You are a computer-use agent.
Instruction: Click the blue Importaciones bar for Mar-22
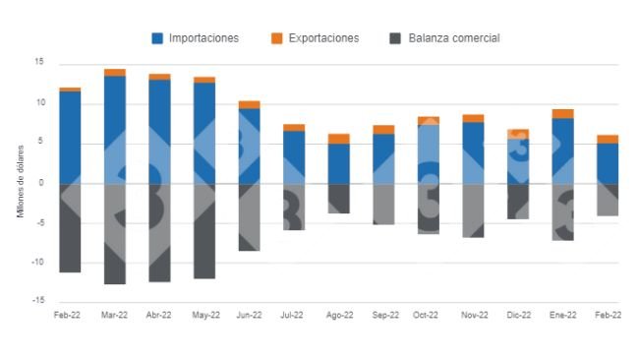pyautogui.click(x=115, y=128)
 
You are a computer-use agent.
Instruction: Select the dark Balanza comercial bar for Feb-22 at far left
pyautogui.click(x=70, y=227)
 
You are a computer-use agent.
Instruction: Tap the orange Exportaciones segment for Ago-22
pyautogui.click(x=338, y=139)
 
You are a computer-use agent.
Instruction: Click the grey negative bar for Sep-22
pyautogui.click(x=383, y=204)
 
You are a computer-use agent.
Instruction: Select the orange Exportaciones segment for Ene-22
pyautogui.click(x=562, y=113)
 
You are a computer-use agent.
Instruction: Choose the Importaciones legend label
pyautogui.click(x=203, y=38)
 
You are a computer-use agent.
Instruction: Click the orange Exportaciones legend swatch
pyautogui.click(x=276, y=38)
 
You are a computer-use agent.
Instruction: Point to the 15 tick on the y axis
pyautogui.click(x=39, y=62)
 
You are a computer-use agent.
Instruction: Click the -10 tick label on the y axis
pyautogui.click(x=37, y=263)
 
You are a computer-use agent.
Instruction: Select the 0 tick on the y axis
pyautogui.click(x=41, y=183)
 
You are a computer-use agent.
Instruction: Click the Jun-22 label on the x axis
pyautogui.click(x=250, y=316)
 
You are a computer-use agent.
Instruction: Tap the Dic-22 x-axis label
pyautogui.click(x=518, y=316)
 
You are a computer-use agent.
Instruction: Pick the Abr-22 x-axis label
pyautogui.click(x=159, y=316)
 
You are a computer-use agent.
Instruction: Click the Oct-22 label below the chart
pyautogui.click(x=428, y=316)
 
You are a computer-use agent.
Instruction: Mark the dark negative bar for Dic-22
pyautogui.click(x=518, y=201)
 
